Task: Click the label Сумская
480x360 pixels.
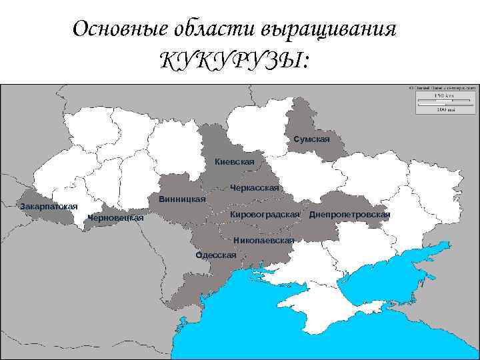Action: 311,139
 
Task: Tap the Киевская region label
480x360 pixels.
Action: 235,162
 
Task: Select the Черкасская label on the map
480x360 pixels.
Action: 254,188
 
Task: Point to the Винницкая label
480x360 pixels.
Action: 182,200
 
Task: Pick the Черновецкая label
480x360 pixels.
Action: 115,218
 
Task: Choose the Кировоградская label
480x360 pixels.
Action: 265,215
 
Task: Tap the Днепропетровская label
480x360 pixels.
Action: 349,215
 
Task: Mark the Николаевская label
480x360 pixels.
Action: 263,240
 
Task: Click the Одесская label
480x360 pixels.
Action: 215,255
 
